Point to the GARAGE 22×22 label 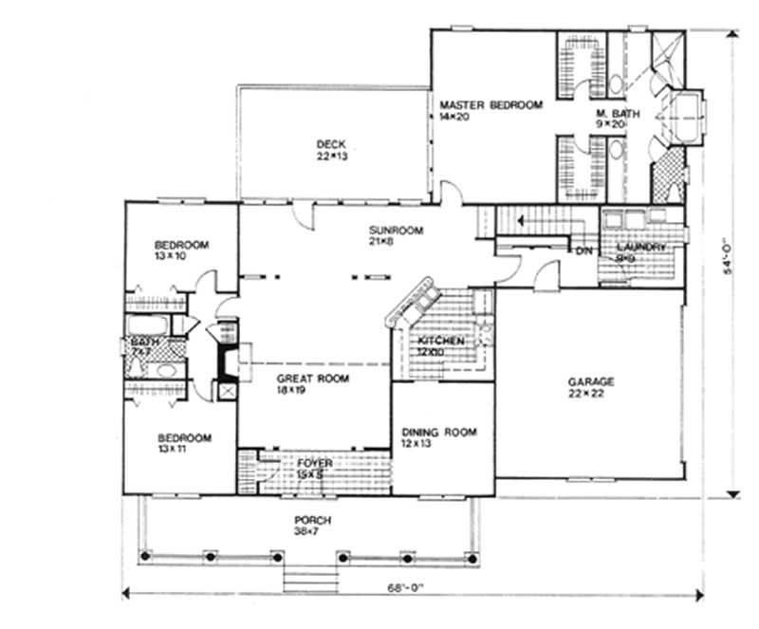click(x=591, y=387)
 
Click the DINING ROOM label click(x=438, y=438)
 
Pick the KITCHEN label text click(x=440, y=345)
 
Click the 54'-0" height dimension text click(x=729, y=260)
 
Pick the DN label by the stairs click(x=583, y=251)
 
